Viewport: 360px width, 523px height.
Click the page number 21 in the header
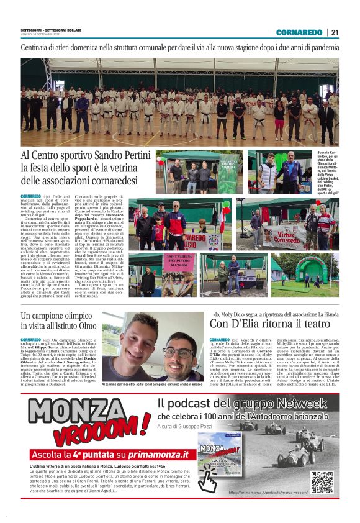pos(335,32)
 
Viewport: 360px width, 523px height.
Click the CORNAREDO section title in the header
pos(300,32)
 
